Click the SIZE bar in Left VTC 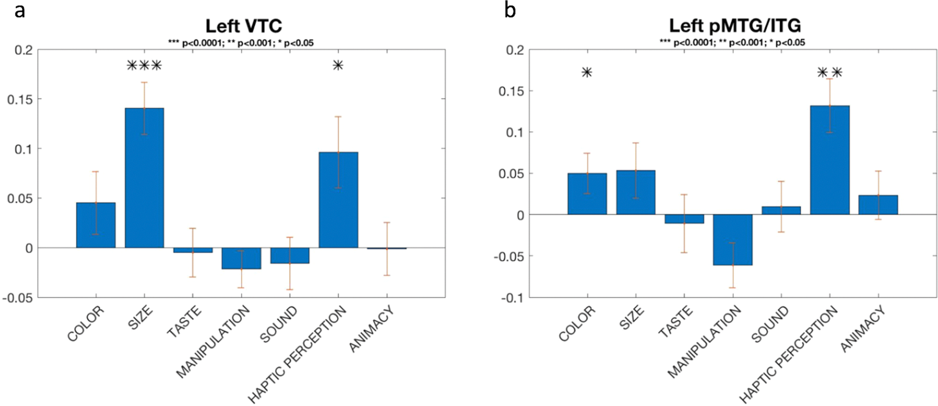[144, 177]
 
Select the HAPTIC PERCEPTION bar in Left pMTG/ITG [829, 160]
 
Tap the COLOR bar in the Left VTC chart [96, 225]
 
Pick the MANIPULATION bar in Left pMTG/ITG [732, 239]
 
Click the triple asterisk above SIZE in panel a [144, 66]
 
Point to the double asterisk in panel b [829, 72]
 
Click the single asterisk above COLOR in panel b [587, 72]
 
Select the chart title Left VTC [243, 26]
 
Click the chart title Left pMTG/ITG [735, 26]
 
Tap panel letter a [20, 10]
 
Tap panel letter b [510, 10]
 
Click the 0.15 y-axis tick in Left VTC [19, 99]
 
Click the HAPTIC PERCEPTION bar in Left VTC [339, 200]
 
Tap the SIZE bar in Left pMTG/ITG [635, 192]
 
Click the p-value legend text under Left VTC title [240, 43]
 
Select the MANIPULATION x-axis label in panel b [704, 342]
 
